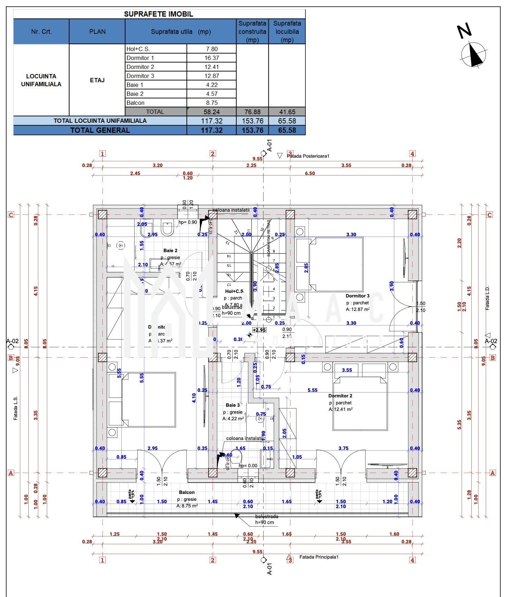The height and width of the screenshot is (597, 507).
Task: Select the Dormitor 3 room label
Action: (357, 296)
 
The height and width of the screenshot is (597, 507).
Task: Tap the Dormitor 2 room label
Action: (340, 396)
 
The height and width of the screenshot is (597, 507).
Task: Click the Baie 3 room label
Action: (232, 405)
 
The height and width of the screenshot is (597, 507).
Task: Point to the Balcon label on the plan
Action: (187, 492)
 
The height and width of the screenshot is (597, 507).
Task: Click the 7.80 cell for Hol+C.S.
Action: (212, 49)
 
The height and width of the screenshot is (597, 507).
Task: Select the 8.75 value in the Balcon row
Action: (212, 103)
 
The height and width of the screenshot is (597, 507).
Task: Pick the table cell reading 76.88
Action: (252, 112)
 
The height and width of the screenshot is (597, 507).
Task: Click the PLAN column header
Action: (97, 31)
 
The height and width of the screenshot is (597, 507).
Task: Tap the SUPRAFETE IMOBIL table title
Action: (158, 14)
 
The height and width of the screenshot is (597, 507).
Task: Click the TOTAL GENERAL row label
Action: (100, 130)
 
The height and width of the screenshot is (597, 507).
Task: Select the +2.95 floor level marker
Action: (259, 330)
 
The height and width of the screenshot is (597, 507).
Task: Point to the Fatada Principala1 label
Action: (319, 557)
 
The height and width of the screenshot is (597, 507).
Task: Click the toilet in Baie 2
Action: (167, 228)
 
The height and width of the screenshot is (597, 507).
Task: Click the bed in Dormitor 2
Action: (360, 403)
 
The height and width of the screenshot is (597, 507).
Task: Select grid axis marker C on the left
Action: (11, 215)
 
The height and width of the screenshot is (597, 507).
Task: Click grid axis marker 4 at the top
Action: (412, 154)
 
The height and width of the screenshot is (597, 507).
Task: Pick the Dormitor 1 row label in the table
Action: (140, 58)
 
